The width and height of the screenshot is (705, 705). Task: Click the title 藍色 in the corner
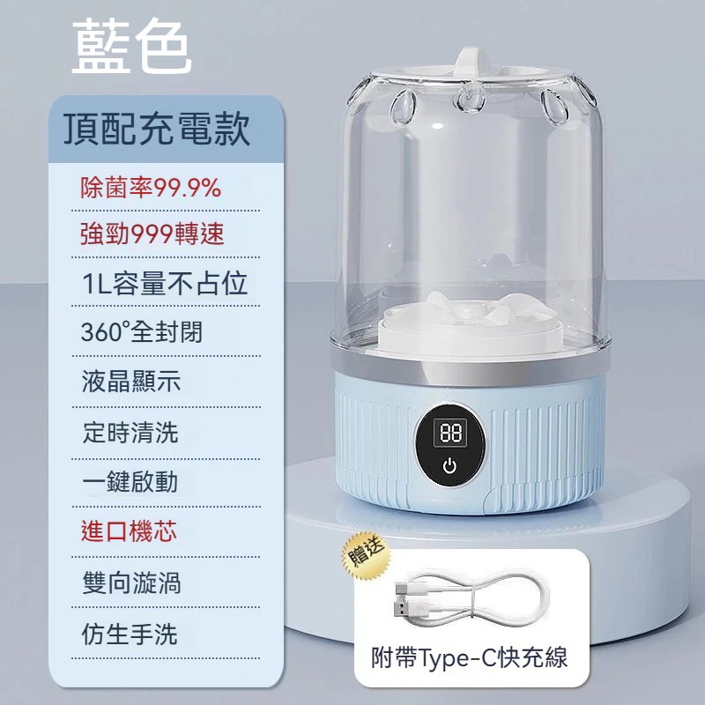click(131, 47)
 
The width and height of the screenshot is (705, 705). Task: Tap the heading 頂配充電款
click(157, 129)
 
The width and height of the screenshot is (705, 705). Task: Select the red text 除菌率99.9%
click(151, 188)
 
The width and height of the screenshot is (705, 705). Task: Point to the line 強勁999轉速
click(152, 234)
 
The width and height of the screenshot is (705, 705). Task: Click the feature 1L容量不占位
click(165, 283)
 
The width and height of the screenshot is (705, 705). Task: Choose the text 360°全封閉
click(142, 332)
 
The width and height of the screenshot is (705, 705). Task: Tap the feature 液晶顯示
click(131, 382)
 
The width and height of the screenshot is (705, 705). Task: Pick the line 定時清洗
click(130, 433)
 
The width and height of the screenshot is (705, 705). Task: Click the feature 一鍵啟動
click(130, 482)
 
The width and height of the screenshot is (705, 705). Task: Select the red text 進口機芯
click(129, 531)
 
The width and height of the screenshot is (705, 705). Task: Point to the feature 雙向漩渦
click(131, 583)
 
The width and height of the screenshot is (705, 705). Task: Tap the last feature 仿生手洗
click(130, 634)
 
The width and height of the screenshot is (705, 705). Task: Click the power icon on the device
click(449, 466)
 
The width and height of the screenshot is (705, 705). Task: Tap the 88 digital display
click(450, 433)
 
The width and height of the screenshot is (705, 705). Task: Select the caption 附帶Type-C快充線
click(470, 657)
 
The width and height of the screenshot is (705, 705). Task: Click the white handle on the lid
click(471, 63)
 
